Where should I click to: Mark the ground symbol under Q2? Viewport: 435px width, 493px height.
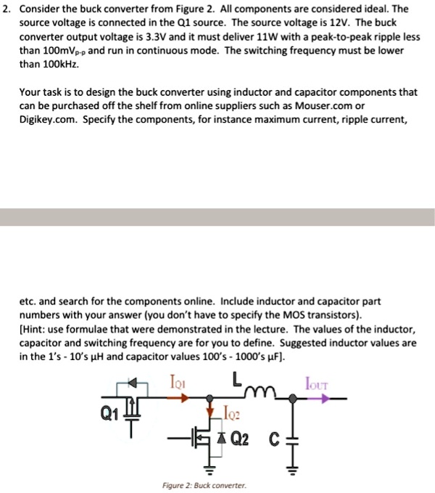[212, 468]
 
